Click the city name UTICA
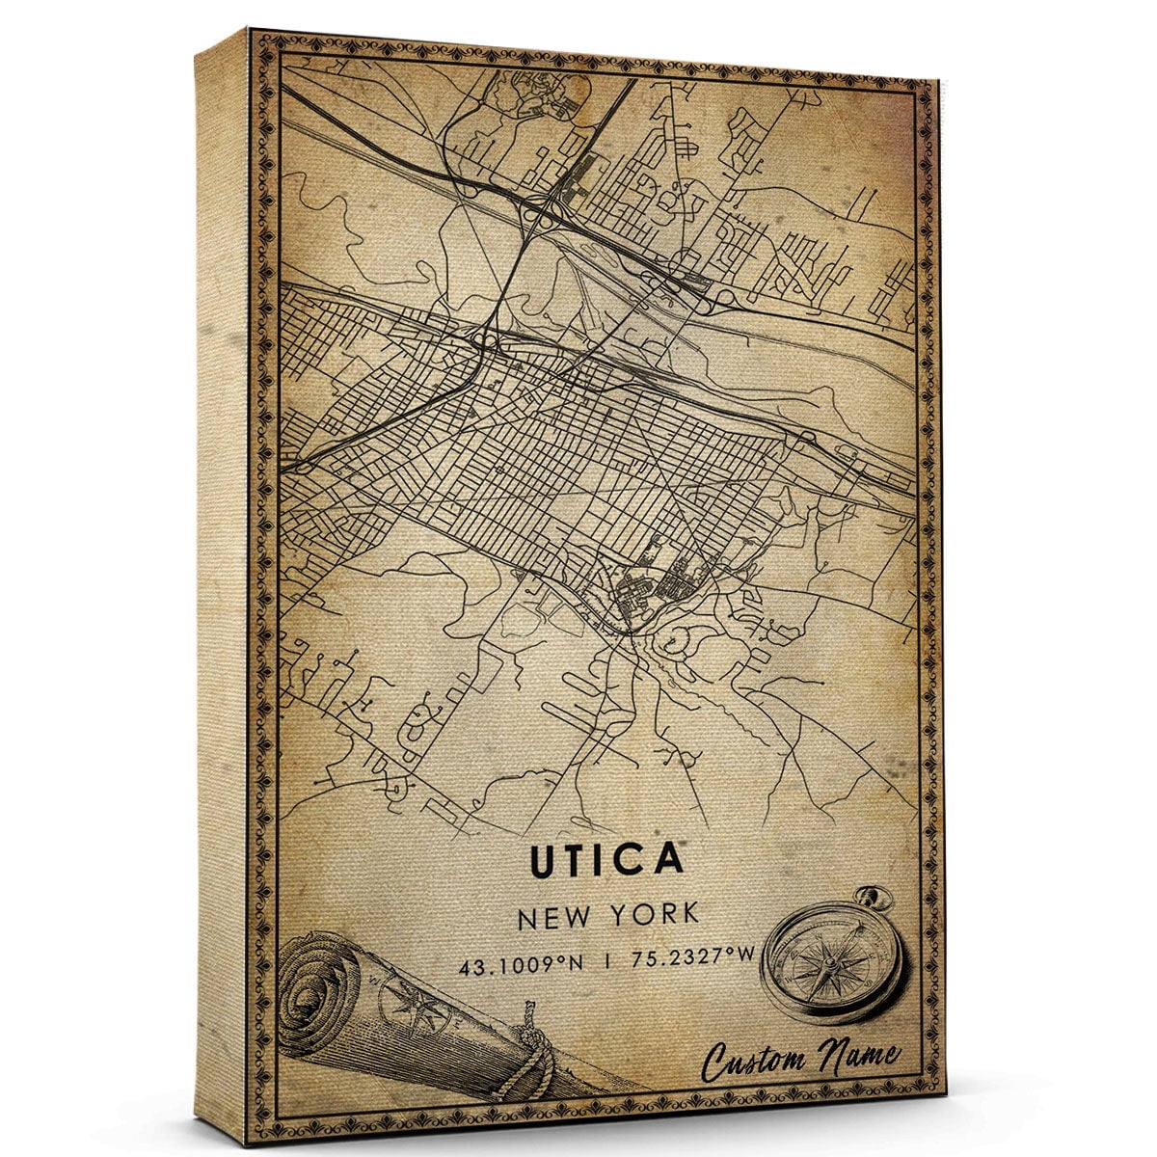[606, 859]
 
